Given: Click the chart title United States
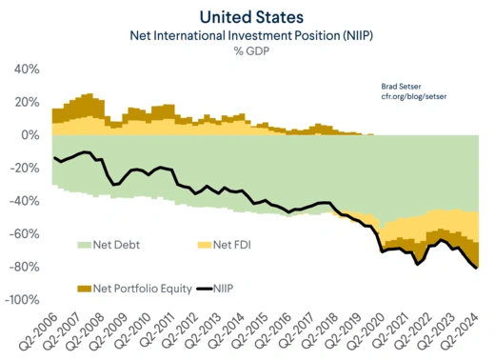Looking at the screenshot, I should click(247, 16).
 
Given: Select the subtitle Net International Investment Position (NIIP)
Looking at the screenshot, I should click(247, 35).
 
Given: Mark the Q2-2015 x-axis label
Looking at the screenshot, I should click(251, 328).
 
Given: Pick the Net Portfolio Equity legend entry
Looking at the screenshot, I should click(133, 286).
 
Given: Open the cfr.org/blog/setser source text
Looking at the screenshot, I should click(406, 97).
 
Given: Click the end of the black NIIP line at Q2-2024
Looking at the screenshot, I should click(476, 268).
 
